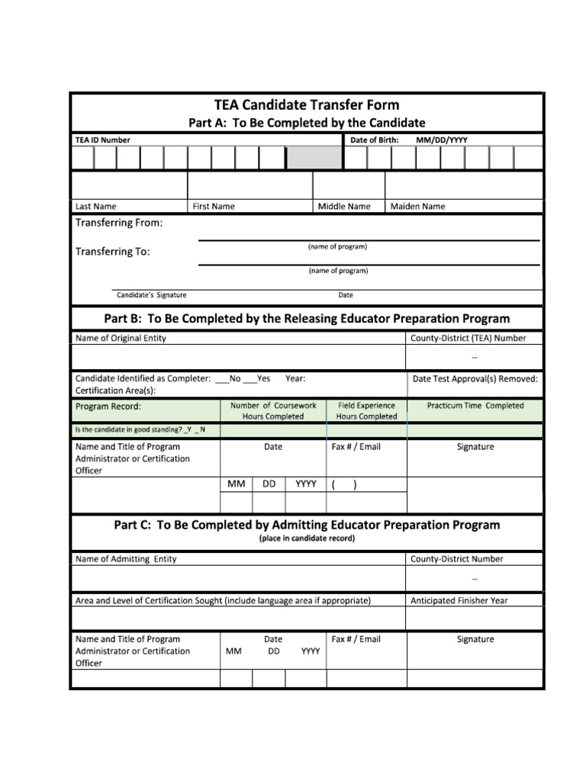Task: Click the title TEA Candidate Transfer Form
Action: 306,105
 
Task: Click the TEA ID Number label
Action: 102,140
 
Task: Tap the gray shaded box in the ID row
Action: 314,158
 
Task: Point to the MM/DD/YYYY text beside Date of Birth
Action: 442,140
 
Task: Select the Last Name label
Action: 95,206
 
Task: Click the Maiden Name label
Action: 417,206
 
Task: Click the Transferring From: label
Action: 118,223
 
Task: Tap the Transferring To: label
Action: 112,252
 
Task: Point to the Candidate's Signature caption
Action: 151,295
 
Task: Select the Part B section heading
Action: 306,318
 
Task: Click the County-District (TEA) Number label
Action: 468,338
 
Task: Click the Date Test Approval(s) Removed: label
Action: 475,378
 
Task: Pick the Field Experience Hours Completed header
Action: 366,411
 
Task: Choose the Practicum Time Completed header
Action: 475,406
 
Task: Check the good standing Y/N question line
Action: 140,430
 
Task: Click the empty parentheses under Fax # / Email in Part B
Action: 344,484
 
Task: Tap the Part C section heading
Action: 307,525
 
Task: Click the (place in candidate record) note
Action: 307,538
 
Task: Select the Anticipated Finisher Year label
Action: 459,600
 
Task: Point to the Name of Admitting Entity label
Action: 126,559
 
